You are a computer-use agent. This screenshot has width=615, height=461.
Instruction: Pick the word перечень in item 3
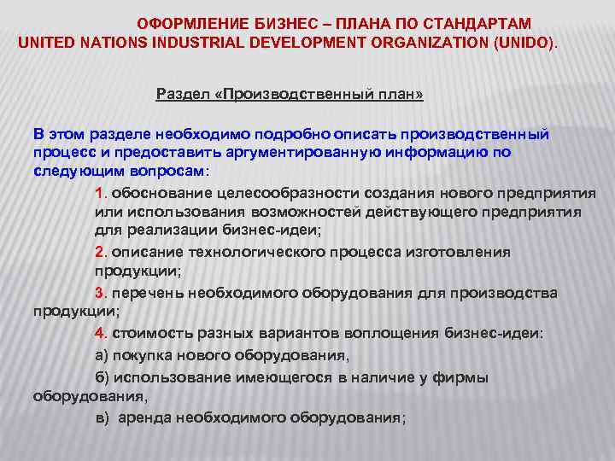pos(147,293)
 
